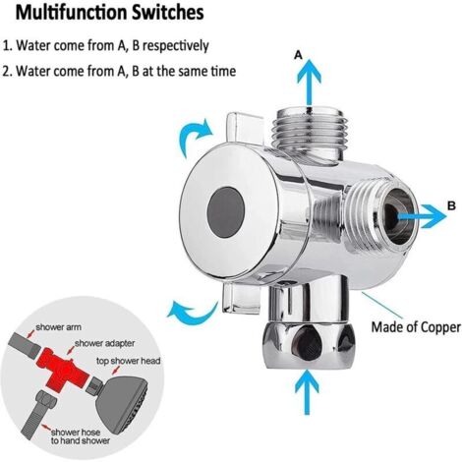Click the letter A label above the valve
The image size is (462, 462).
299,57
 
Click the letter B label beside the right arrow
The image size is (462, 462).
451,205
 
